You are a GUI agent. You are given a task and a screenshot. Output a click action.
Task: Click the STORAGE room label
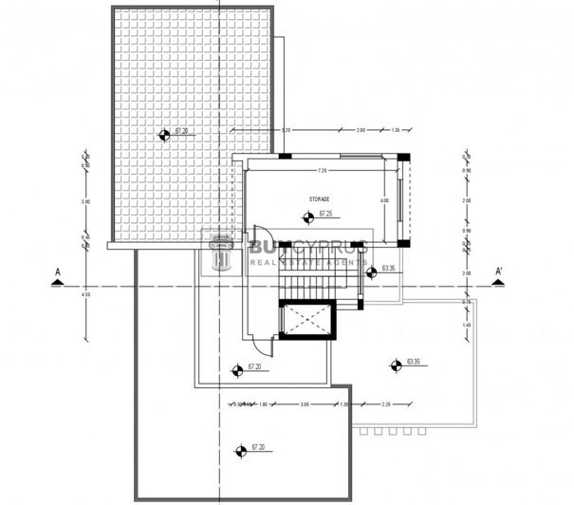point(320,199)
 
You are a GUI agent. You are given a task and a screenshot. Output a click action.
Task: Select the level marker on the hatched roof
point(164,135)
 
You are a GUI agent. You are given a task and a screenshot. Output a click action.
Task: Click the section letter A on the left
point(58,272)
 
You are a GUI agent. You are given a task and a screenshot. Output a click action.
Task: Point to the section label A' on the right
point(499,272)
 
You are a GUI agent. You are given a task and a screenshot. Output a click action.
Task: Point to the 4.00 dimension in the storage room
point(384,201)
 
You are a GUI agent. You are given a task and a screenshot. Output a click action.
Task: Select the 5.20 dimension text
point(286,130)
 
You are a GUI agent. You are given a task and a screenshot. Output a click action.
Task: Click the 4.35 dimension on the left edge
point(85,293)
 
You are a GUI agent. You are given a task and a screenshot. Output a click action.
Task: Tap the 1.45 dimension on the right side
point(466,326)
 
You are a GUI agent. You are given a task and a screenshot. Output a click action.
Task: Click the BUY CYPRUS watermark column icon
point(224,252)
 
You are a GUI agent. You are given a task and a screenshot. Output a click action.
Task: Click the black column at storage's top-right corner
point(402,157)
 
